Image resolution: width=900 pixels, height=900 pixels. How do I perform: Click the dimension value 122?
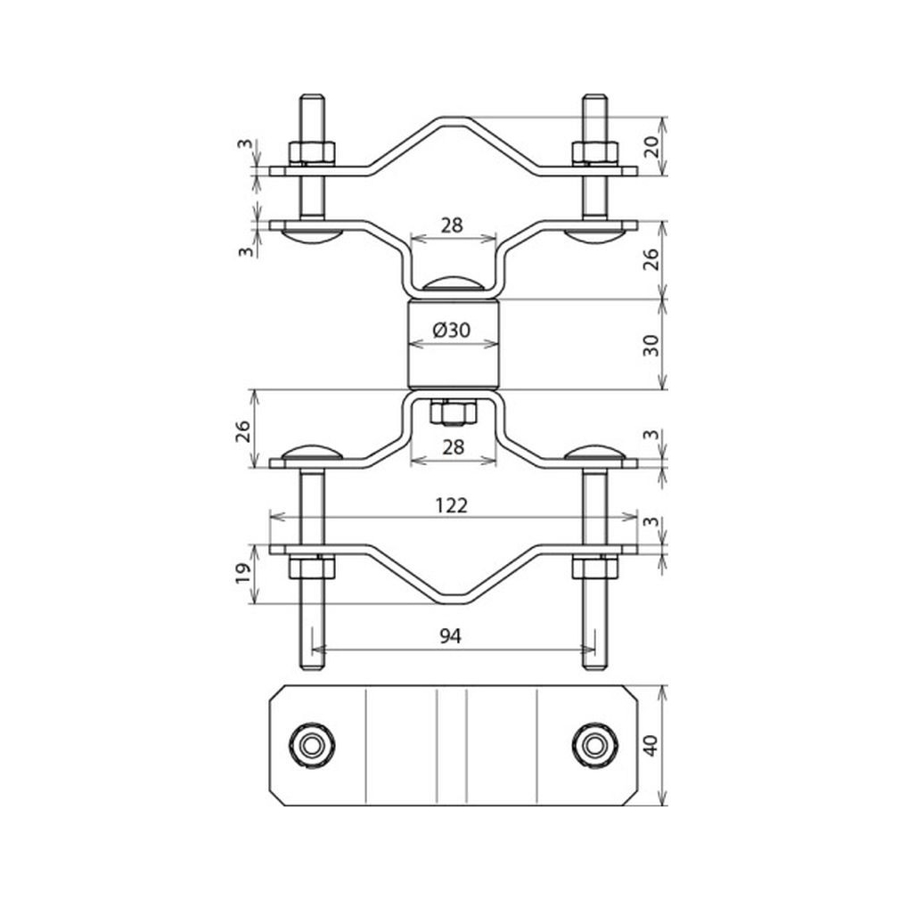coord(451,505)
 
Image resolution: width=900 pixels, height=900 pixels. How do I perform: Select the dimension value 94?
coord(451,636)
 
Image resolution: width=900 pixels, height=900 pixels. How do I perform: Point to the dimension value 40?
coord(650,745)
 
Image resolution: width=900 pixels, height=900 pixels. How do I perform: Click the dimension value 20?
coord(650,147)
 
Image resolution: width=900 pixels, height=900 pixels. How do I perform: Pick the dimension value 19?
coord(243,572)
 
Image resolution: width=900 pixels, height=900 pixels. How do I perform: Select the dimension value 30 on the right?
coord(650,345)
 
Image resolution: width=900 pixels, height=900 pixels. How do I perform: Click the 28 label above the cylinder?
coord(452,225)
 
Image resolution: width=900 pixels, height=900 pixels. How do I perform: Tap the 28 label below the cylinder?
coord(453,446)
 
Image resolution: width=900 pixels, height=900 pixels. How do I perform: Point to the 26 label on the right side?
coord(650,259)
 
